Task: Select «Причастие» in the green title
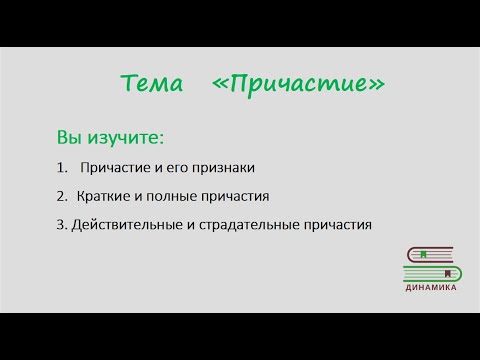pyautogui.click(x=298, y=85)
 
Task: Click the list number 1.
pyautogui.click(x=63, y=167)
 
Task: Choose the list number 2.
pyautogui.click(x=63, y=196)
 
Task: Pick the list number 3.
pyautogui.click(x=61, y=225)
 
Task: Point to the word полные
pyautogui.click(x=172, y=196)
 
